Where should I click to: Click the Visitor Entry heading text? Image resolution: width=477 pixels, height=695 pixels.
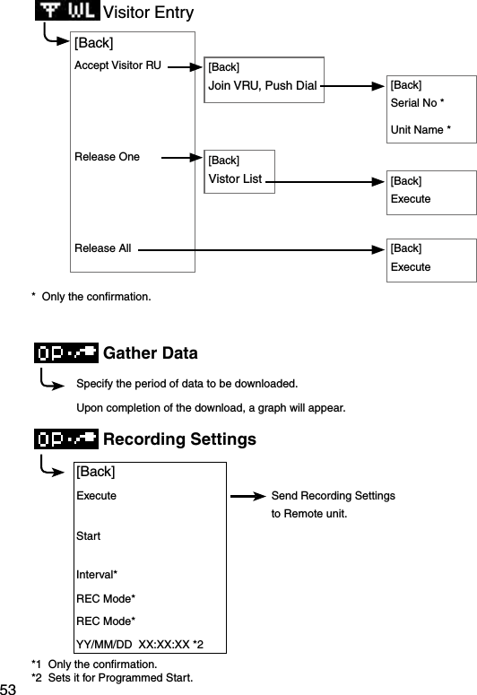pos(148,13)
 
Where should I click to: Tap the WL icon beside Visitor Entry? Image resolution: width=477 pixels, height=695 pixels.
pos(68,12)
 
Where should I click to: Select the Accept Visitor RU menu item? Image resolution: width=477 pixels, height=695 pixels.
pos(117,65)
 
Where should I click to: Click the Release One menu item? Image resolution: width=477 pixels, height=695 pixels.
pos(107,157)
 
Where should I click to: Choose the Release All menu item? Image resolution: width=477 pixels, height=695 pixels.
pos(102,248)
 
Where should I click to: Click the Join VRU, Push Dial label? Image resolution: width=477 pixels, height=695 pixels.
pos(263,86)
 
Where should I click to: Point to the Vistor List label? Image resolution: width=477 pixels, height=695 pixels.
pos(235,178)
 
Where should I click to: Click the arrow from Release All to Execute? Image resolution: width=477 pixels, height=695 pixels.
pos(260,251)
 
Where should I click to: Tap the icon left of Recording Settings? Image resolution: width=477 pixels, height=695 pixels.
pos(65,439)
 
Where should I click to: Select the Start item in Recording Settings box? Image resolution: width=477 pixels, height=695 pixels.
pos(88,536)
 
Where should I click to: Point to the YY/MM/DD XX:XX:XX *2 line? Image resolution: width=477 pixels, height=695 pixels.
pos(139,644)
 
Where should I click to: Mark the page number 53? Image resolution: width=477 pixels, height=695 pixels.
pos(9,688)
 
